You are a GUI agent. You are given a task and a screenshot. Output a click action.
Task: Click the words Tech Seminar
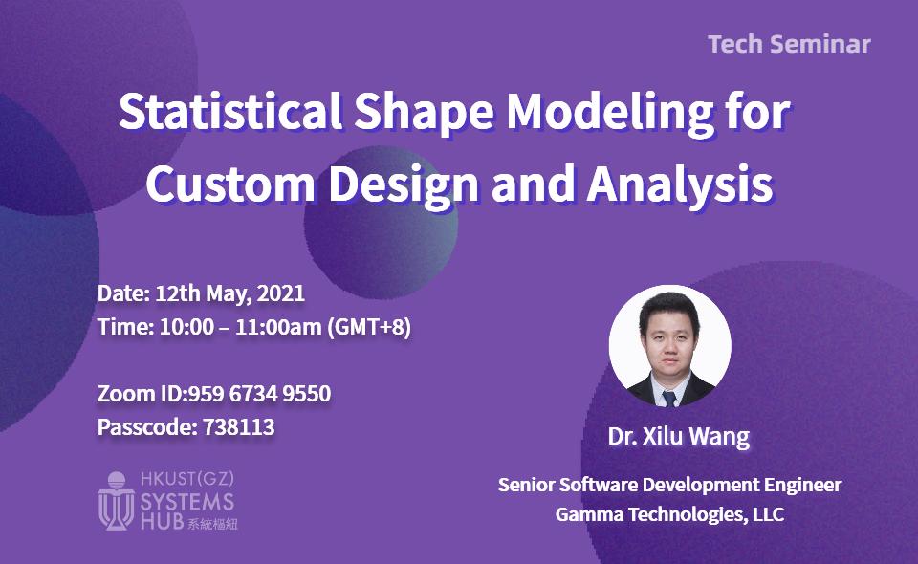point(789,45)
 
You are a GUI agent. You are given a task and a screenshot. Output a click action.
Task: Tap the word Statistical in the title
point(230,111)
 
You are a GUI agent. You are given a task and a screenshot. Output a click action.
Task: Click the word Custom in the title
point(230,184)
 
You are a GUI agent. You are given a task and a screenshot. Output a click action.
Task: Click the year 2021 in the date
point(281,293)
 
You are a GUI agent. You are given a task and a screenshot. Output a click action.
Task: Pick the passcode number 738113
point(239,427)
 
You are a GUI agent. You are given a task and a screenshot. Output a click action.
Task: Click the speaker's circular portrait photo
point(669,346)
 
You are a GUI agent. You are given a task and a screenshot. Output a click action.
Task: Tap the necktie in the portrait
point(669,399)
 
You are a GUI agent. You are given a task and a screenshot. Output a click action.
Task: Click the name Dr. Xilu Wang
point(679,437)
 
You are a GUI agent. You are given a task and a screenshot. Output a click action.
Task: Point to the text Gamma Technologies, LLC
point(669,514)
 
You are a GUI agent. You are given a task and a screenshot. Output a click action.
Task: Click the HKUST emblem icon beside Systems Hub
point(116,501)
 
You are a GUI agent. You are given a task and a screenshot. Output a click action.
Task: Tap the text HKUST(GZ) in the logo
point(187,479)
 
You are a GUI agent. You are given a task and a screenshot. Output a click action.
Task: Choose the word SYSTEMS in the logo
point(187,502)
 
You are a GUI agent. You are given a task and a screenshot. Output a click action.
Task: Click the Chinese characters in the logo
point(212,523)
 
